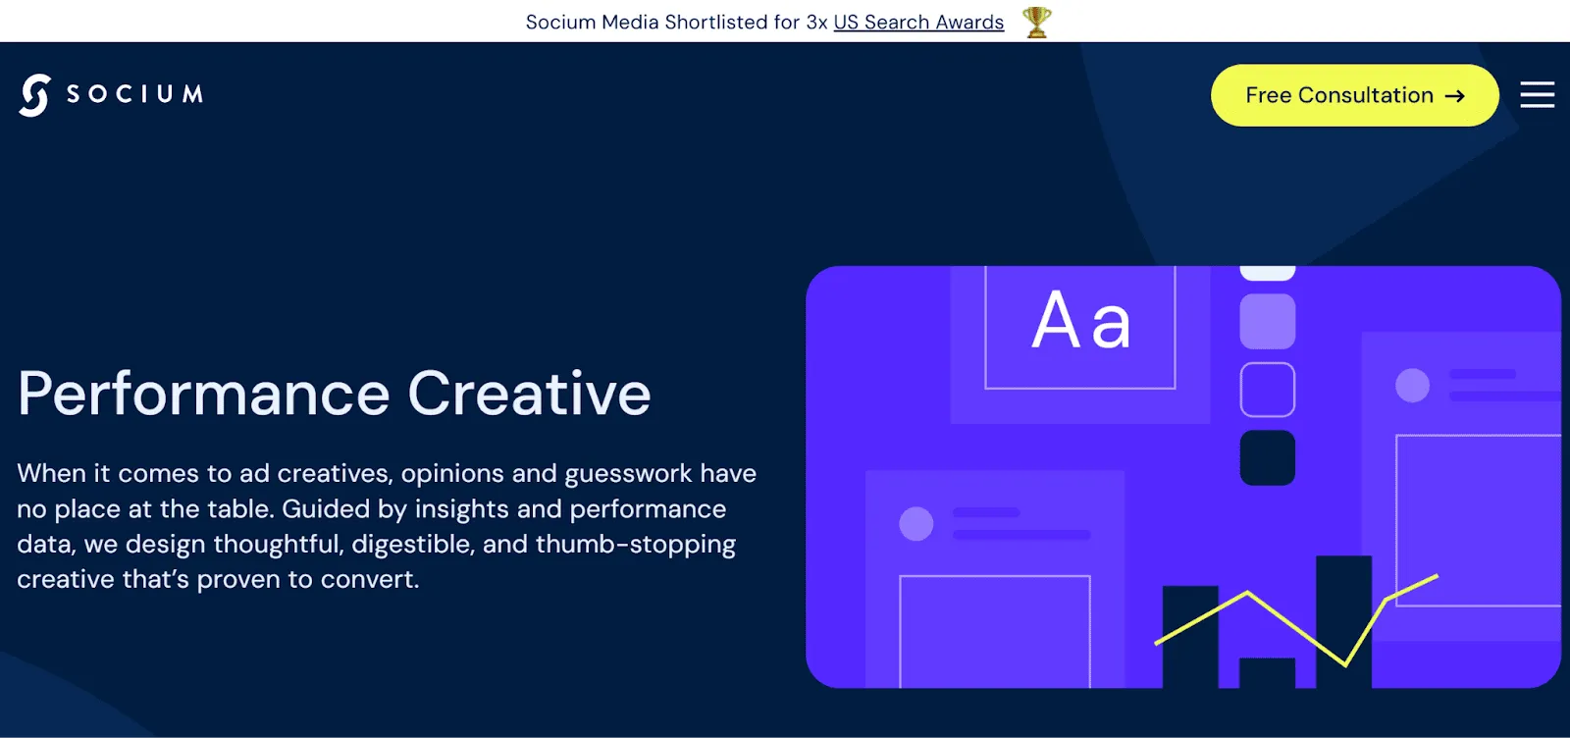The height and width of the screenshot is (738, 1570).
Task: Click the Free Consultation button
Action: click(1353, 95)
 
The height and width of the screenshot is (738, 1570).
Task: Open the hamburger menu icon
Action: click(1537, 95)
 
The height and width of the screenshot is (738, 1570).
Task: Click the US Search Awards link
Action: click(918, 22)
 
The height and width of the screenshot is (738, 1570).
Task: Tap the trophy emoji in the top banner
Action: click(1036, 22)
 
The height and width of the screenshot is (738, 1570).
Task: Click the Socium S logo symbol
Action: click(34, 95)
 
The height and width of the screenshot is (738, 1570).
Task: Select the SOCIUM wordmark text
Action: click(134, 94)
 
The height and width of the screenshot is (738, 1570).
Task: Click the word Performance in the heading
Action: click(204, 395)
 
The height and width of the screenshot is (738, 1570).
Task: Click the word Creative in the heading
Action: click(529, 395)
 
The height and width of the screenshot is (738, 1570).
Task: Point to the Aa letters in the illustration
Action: click(1080, 321)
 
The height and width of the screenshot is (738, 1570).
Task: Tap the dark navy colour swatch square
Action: click(1267, 457)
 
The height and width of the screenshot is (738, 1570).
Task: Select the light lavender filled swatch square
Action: click(1267, 321)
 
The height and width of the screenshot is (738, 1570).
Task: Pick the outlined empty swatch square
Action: click(1267, 390)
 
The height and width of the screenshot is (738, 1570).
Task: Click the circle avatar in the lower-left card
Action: click(916, 523)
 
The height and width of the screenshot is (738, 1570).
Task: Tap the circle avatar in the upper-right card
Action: click(1412, 385)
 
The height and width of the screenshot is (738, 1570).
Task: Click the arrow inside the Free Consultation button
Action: click(1455, 96)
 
